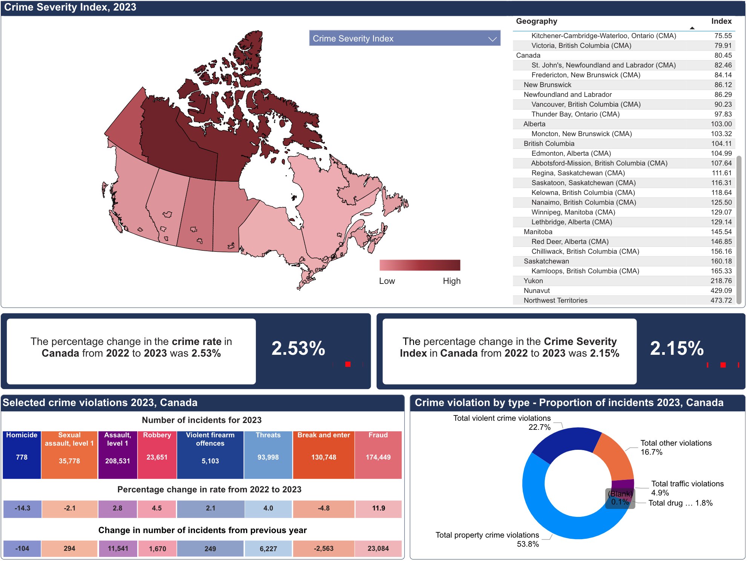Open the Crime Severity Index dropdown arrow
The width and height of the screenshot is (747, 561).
pos(492,39)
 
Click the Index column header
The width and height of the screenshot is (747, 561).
pos(721,21)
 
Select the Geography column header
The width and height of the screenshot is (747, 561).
pos(536,21)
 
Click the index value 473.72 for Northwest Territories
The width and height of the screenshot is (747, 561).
pos(721,300)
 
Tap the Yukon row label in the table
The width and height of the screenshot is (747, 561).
pos(533,281)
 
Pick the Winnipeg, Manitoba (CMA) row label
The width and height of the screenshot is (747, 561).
pos(573,212)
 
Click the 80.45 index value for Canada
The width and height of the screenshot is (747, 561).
pos(723,55)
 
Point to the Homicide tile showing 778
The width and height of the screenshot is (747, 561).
pos(22,455)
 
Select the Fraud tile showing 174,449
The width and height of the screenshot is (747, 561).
pos(378,455)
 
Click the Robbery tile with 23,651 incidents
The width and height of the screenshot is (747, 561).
pos(157,455)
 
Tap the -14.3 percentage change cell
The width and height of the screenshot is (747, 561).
pos(22,508)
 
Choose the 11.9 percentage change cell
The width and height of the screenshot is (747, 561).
pos(378,508)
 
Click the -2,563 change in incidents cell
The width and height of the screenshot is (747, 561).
pos(324,549)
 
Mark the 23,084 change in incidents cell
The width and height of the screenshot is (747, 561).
pos(378,549)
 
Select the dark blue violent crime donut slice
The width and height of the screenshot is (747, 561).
pos(565,443)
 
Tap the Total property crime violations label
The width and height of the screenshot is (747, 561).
pos(487,535)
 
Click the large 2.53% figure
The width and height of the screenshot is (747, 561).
pos(298,348)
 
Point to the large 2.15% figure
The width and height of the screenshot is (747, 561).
pos(677,348)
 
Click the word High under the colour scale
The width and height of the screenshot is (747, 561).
pos(452,281)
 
